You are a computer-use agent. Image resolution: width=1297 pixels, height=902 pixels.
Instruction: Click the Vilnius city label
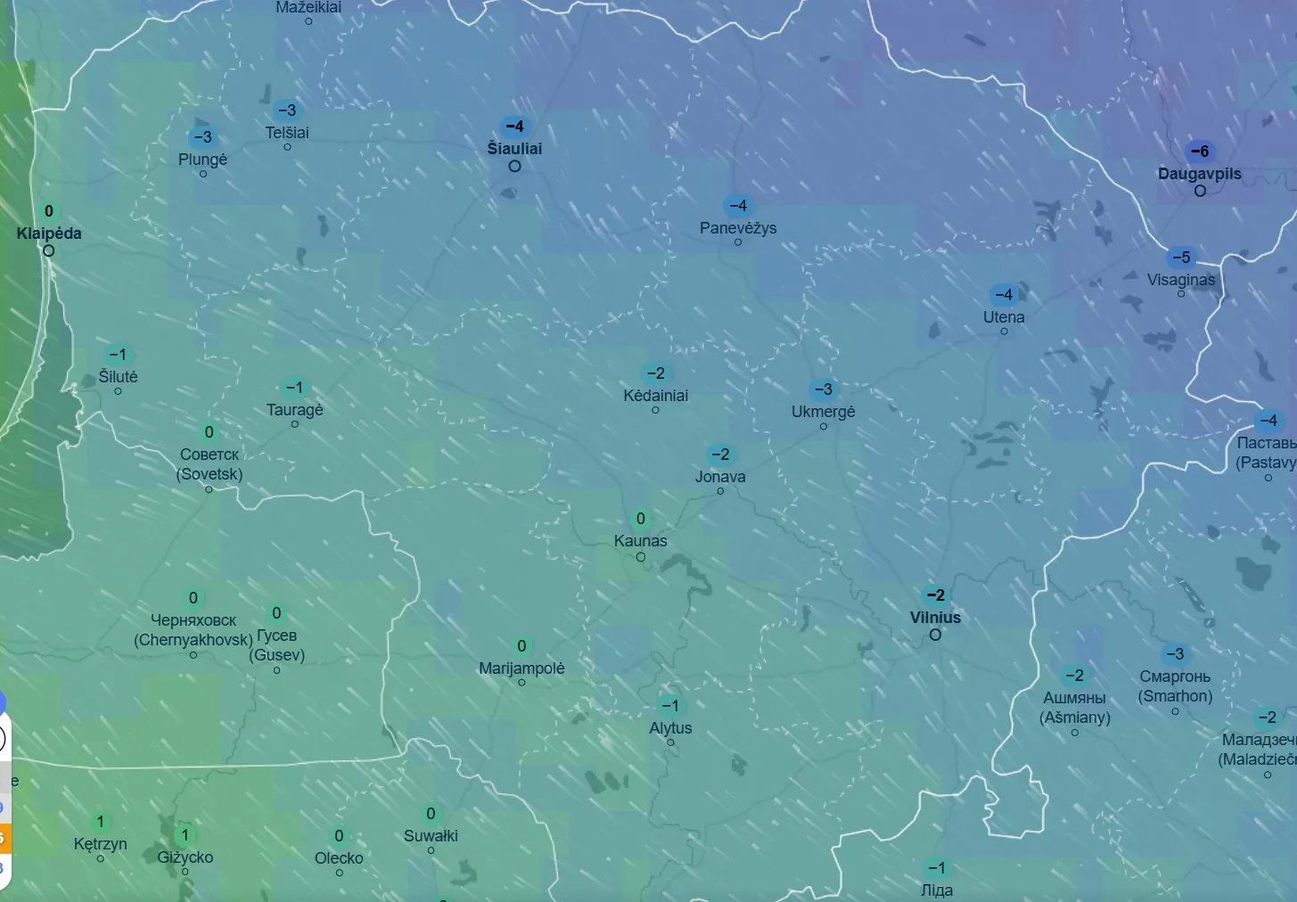tap(935, 618)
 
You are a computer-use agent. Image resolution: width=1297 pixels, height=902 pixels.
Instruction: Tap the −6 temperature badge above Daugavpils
tap(1200, 152)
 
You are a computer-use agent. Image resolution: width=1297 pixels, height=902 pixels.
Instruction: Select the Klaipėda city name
tap(49, 234)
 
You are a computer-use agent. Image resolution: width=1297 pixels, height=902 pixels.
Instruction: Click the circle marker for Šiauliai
tap(514, 167)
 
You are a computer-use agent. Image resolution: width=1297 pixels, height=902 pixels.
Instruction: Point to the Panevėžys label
tap(738, 228)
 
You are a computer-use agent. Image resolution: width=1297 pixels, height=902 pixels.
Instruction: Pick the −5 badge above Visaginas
tap(1181, 258)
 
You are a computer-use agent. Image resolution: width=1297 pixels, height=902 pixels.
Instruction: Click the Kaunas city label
tap(640, 541)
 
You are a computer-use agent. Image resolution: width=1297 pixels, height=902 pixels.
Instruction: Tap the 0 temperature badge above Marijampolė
tap(521, 646)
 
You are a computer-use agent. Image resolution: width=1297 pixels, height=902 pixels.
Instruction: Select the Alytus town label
tap(670, 728)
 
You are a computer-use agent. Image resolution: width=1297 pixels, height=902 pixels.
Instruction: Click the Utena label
tap(1004, 317)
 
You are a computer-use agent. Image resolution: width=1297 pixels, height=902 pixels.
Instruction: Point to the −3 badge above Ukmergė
tap(823, 389)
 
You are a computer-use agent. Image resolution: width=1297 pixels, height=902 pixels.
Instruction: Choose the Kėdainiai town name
tap(655, 396)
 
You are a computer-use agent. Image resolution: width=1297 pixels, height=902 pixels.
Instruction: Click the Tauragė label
tap(294, 410)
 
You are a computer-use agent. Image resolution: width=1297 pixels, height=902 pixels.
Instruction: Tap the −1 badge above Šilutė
tap(118, 355)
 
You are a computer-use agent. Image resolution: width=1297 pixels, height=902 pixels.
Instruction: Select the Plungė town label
tap(202, 160)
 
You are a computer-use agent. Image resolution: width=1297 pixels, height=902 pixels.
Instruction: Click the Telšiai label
tap(287, 133)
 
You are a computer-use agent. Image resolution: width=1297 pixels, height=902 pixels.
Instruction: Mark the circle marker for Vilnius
tap(935, 635)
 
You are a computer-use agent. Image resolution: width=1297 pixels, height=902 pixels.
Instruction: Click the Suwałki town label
tap(431, 836)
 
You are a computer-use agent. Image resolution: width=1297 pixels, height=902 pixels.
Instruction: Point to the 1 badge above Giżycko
tap(185, 835)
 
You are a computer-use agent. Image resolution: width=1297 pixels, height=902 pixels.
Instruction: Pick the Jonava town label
tap(720, 477)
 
